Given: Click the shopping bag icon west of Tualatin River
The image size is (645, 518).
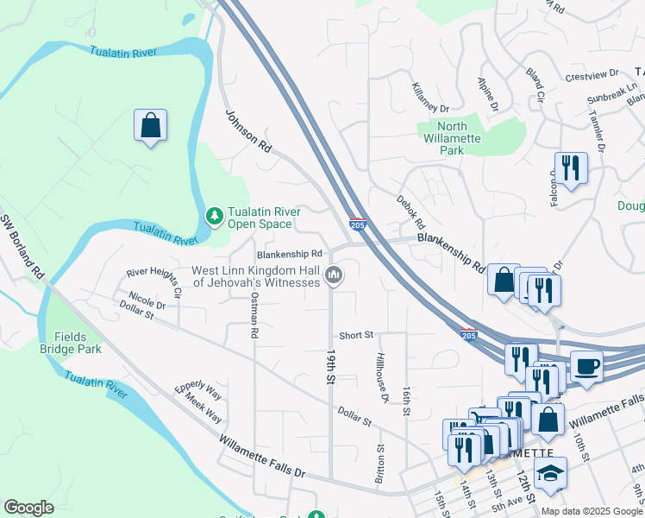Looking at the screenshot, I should coord(150,125).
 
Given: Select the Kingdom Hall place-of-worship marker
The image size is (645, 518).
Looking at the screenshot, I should coord(334,276).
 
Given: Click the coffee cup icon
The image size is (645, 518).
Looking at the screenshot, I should coord(586,366).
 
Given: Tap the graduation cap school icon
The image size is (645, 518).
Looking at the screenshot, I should coord(550,472).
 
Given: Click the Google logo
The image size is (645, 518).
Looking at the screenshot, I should coord(28,508).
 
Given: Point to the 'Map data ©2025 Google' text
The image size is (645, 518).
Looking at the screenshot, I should coord(592,510).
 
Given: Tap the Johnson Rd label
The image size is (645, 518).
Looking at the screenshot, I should coord(248,132).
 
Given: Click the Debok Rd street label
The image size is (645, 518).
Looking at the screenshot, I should coord(412,214).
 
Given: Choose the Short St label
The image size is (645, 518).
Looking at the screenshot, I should coord(355,335).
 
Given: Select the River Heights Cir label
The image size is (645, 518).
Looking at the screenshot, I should coord(154,282).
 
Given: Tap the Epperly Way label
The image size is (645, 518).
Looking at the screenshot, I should coord(198,393).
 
